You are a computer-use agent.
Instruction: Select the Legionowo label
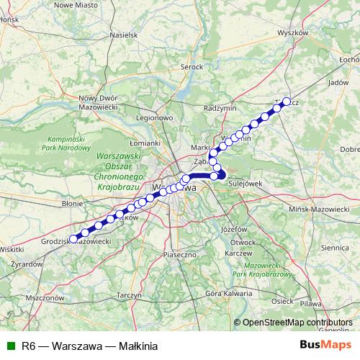coord(156,117)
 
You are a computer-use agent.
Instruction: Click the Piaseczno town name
coord(181,254)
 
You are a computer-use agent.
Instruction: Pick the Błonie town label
coord(73,204)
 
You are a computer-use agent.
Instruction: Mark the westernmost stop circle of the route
coord(73,238)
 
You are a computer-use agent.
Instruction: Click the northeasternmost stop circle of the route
coord(286,102)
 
